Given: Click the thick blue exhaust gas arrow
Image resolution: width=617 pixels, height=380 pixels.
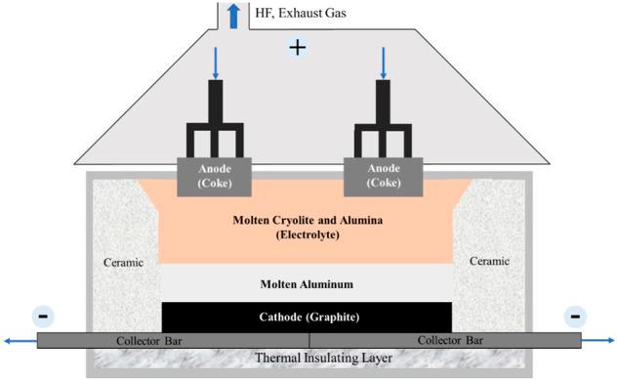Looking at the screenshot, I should click(233, 15).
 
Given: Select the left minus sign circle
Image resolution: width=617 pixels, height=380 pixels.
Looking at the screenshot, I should click(42, 317).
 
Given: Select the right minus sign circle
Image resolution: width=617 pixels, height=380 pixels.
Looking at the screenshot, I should click(576, 317).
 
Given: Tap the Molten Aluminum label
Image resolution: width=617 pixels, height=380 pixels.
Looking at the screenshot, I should click(306, 284).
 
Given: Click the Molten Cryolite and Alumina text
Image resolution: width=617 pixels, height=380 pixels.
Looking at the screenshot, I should click(307, 220).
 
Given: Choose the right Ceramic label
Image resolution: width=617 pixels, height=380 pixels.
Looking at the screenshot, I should click(489, 262).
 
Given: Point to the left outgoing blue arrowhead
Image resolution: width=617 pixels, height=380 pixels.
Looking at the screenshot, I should click(7, 340).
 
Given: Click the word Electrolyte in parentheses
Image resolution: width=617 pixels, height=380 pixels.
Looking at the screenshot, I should click(306, 235).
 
